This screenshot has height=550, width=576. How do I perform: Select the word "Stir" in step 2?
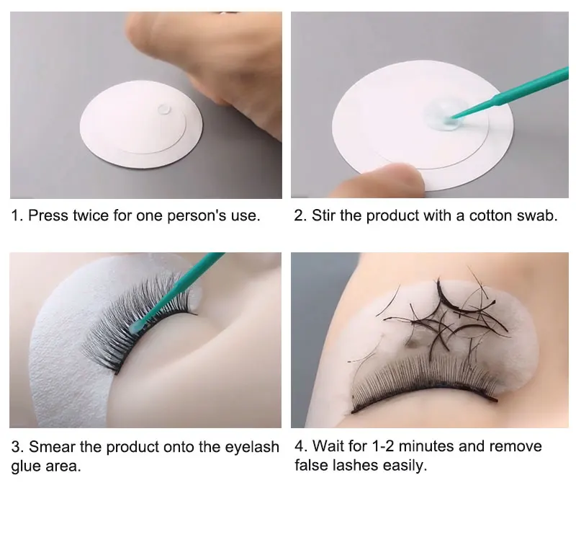pyautogui.click(x=323, y=216)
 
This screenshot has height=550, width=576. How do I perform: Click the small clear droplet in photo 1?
pyautogui.click(x=164, y=109)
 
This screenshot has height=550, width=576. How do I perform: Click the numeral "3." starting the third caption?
pyautogui.click(x=17, y=447)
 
